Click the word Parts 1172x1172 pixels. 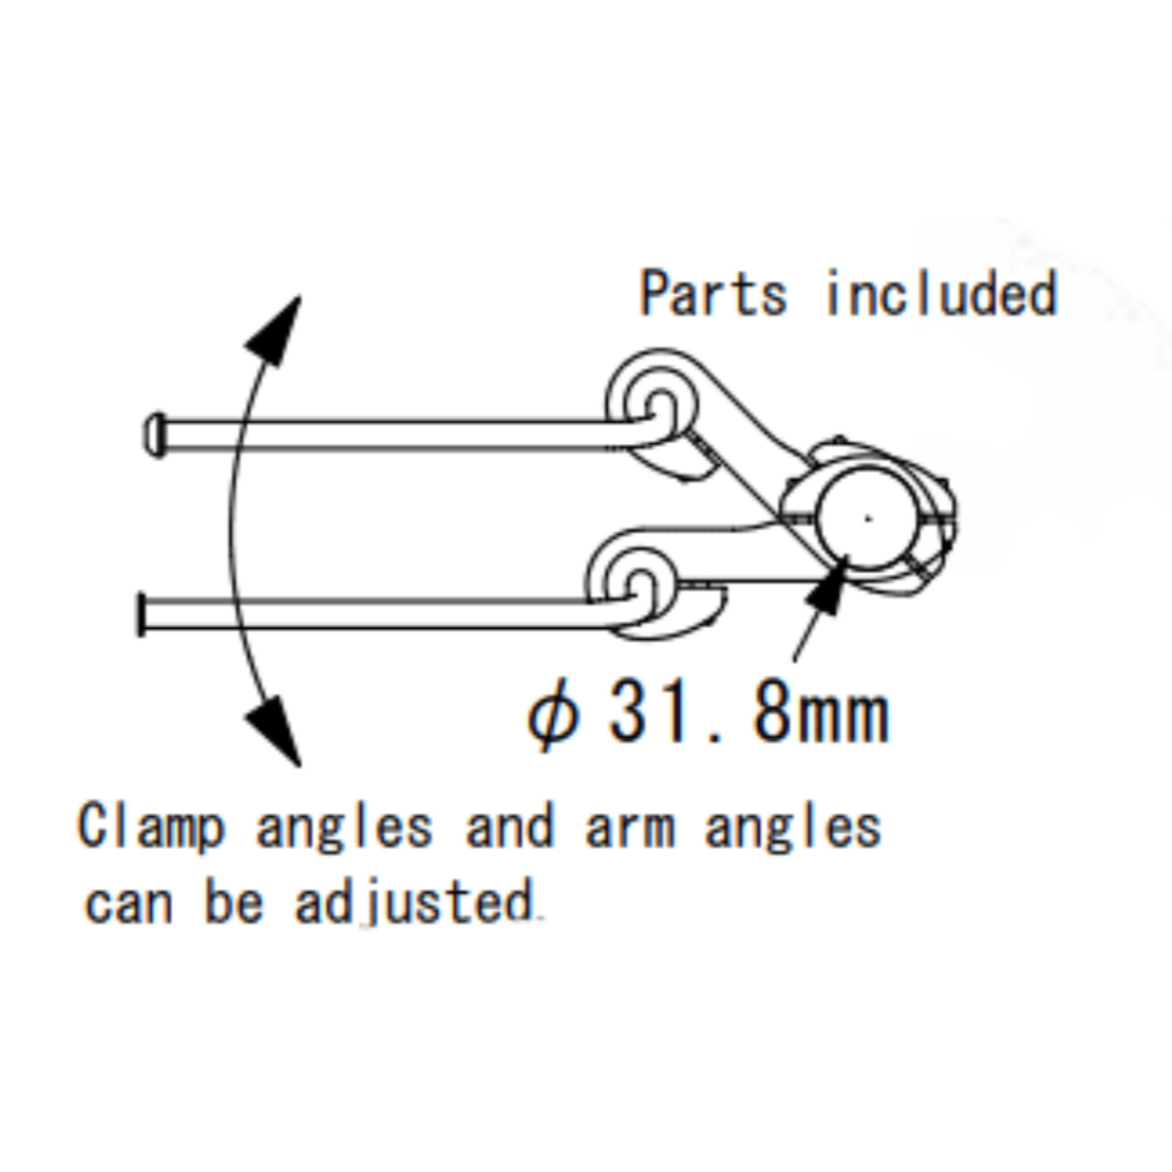712,294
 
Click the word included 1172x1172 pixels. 941,294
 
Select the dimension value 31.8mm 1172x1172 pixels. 748,715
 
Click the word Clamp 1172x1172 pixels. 151,828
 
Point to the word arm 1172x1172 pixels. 630,828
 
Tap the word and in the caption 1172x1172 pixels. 509,828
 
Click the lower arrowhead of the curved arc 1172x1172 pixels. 277,728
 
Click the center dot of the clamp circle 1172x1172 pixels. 868,519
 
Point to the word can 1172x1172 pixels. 128,905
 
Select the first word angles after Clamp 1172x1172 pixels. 343,830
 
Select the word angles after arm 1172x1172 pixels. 792,830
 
